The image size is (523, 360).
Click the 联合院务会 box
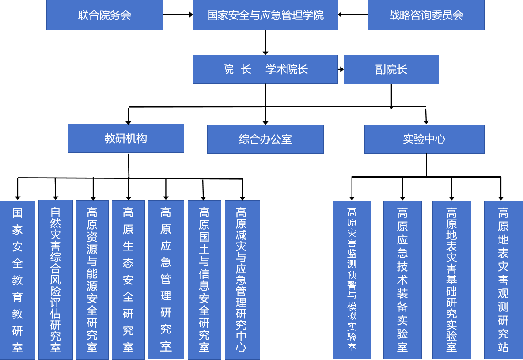tap(105, 15)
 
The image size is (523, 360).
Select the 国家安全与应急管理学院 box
tap(265, 15)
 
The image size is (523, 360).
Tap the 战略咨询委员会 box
tap(426, 15)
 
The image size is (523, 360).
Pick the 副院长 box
tap(391, 69)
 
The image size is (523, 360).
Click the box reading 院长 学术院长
tap(265, 69)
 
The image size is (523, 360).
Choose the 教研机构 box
tap(126, 138)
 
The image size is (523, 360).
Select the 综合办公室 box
tap(265, 139)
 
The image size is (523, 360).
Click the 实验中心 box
tap(424, 139)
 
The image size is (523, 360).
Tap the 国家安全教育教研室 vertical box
tap(17, 280)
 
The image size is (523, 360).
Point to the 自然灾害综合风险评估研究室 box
tap(55, 279)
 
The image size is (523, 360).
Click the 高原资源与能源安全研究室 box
tap(92, 279)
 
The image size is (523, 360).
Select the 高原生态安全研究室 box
tap(128, 279)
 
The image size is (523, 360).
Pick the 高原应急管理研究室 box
tap(166, 279)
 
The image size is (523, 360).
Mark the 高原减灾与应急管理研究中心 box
tap(242, 279)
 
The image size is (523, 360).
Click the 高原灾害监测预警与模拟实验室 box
tap(352, 280)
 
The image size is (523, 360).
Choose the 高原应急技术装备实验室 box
tap(402, 280)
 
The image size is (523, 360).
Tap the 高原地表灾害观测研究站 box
tap(503, 280)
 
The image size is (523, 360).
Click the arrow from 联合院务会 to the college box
tap(178, 15)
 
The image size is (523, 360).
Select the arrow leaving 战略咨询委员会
tap(353, 15)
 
